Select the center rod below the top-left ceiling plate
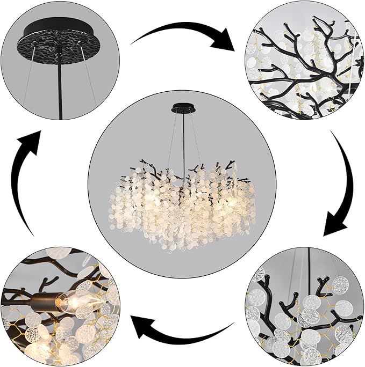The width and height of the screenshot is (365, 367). click(x=58, y=86)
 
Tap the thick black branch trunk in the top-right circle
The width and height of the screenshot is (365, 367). click(x=301, y=80)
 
